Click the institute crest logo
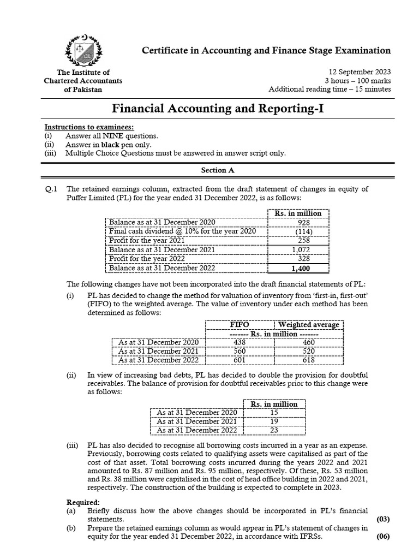(x=83, y=51)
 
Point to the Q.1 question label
(x=51, y=189)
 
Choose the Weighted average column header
(x=309, y=324)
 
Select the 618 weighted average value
(x=309, y=360)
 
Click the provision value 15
(x=274, y=413)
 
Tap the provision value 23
(x=274, y=431)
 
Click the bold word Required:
(x=83, y=502)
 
